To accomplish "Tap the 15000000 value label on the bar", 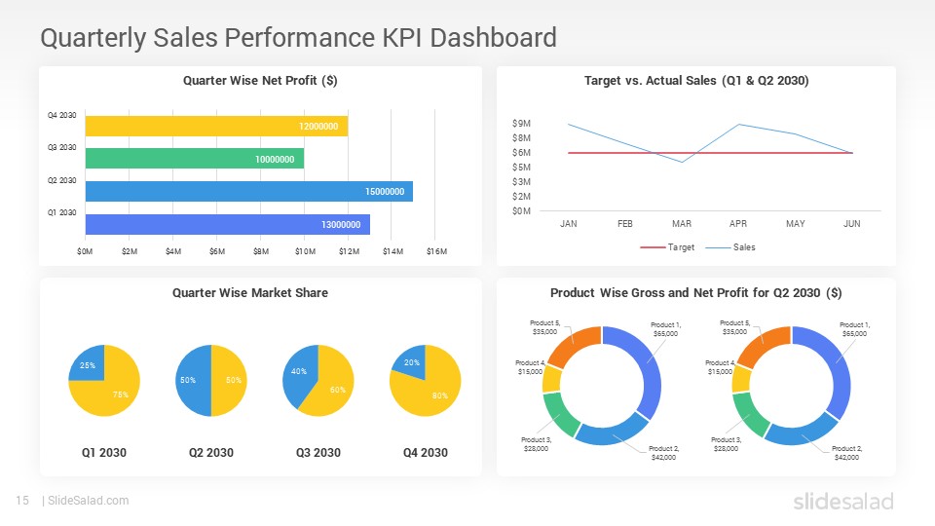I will click(385, 192).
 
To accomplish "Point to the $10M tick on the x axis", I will click(305, 252).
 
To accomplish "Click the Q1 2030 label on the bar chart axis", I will click(61, 212).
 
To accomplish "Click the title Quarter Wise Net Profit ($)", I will click(260, 81).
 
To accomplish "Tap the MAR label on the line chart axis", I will click(682, 224).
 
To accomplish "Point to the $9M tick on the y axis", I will click(521, 124).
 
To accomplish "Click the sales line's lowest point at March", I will click(682, 162).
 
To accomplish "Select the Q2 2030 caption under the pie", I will click(210, 453).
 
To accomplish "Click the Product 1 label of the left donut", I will click(665, 329).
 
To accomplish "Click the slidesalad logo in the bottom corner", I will click(842, 502).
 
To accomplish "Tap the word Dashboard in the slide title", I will click(493, 38).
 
